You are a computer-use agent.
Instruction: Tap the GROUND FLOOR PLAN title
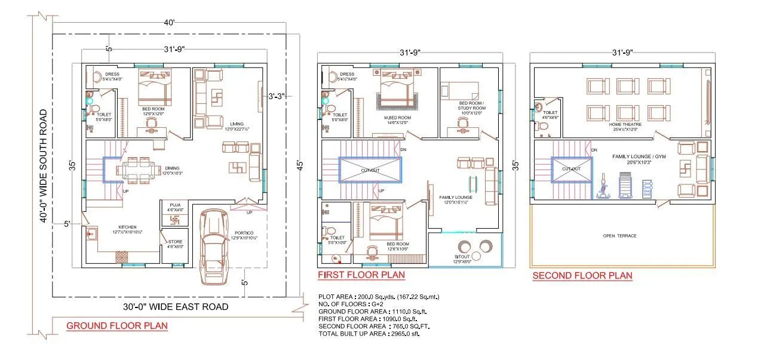click(116, 326)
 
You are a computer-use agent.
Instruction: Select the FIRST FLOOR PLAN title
click(361, 275)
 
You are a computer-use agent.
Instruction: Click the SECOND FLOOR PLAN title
click(582, 275)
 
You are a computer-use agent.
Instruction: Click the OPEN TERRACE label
click(619, 236)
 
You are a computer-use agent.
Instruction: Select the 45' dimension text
click(300, 164)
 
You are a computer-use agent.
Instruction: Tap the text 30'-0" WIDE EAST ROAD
click(176, 307)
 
